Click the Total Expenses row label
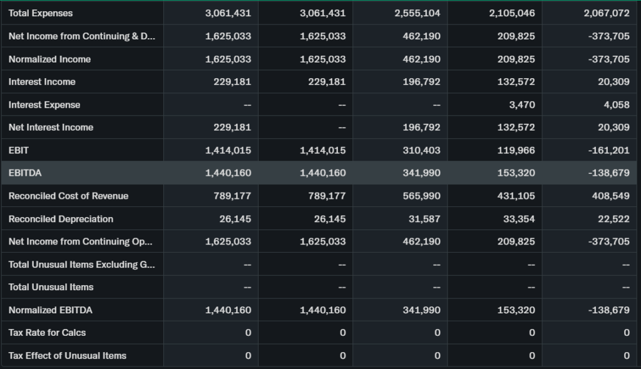(x=41, y=13)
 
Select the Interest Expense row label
(x=44, y=104)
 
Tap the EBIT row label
(x=19, y=150)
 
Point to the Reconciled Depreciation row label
(x=61, y=219)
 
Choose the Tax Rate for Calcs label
(x=47, y=333)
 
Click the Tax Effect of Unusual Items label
(x=68, y=355)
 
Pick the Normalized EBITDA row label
(x=51, y=310)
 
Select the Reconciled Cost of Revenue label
(x=68, y=196)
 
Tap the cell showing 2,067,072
(x=606, y=13)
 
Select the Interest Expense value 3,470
(x=522, y=104)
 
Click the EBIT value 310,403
(x=421, y=150)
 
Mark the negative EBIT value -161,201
(x=609, y=150)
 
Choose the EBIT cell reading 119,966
(x=516, y=150)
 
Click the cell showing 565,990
(x=421, y=196)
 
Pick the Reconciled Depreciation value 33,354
(x=519, y=219)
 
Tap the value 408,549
(x=610, y=196)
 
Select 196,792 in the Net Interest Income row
(x=421, y=128)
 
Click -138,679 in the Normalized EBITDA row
(x=609, y=310)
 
